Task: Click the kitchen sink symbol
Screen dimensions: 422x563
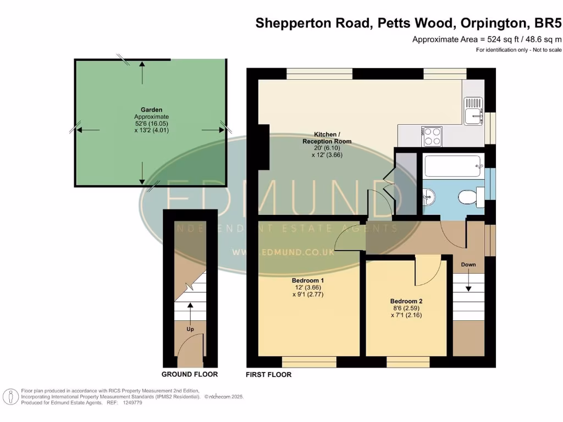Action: pyautogui.click(x=473, y=110)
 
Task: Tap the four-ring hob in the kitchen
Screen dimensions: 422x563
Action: pyautogui.click(x=432, y=136)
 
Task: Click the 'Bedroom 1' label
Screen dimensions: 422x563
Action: pyautogui.click(x=307, y=280)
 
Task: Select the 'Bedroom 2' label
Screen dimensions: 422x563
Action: pyautogui.click(x=406, y=301)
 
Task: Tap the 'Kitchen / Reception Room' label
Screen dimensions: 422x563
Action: pyautogui.click(x=327, y=138)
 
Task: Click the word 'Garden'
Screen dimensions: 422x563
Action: pyautogui.click(x=151, y=110)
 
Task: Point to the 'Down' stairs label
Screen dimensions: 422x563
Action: pyautogui.click(x=468, y=264)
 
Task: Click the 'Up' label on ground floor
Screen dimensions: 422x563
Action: pyautogui.click(x=190, y=329)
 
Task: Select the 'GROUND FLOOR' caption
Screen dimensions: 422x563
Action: pyautogui.click(x=189, y=374)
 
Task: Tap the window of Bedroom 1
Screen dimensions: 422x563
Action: pyautogui.click(x=309, y=362)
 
